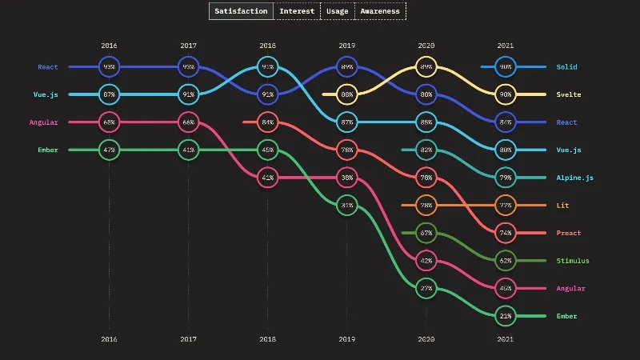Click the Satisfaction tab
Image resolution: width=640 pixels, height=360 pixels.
[x=242, y=11]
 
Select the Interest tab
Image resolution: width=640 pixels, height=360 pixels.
[x=297, y=11]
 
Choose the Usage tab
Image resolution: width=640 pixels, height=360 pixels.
[x=337, y=11]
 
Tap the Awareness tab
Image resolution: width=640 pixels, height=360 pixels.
[x=380, y=11]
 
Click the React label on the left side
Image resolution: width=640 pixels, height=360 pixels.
[x=47, y=67]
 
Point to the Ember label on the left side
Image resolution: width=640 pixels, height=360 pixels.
[x=47, y=150]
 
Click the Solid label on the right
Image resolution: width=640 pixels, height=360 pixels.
[x=566, y=67]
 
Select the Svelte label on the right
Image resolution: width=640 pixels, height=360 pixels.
[x=569, y=94]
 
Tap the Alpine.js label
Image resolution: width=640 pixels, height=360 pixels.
[x=574, y=178]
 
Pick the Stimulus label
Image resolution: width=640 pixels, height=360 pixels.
[x=573, y=261]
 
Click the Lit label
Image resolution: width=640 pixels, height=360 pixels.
[x=563, y=206]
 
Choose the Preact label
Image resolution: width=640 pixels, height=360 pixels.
[x=569, y=233]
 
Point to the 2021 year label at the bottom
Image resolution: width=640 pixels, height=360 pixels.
[x=506, y=338]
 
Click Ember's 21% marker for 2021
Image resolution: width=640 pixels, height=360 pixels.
[x=506, y=316]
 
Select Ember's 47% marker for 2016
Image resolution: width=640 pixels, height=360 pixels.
[x=110, y=150]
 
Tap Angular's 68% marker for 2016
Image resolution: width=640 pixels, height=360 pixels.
[x=110, y=122]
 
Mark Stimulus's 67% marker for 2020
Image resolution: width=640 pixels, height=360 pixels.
[x=426, y=233]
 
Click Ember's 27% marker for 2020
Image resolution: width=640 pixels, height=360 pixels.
[x=426, y=289]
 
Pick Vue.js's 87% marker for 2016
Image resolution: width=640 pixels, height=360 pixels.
[x=110, y=94]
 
